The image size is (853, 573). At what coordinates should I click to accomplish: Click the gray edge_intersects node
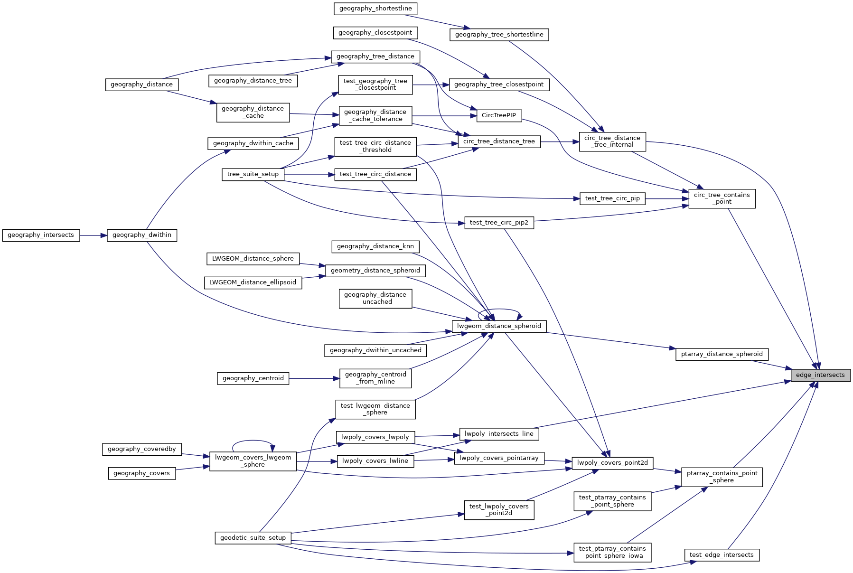tap(820, 375)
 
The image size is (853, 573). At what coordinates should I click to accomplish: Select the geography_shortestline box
tap(375, 9)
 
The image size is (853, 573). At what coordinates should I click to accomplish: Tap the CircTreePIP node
tap(498, 115)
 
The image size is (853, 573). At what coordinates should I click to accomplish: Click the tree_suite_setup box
tap(253, 174)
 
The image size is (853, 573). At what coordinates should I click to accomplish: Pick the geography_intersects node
tap(41, 235)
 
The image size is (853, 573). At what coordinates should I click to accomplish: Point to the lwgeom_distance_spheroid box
tap(499, 326)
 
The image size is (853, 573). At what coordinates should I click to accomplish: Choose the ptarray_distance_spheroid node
tap(722, 354)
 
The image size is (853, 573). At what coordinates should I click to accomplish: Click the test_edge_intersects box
tap(722, 555)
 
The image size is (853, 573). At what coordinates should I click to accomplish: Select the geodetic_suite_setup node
tap(253, 538)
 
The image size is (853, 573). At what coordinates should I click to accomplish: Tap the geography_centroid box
tap(253, 378)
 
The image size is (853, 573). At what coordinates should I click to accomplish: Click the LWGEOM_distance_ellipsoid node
tap(253, 282)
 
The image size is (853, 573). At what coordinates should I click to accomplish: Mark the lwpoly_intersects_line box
tap(499, 434)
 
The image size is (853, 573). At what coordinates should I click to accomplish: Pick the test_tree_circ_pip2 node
tap(499, 223)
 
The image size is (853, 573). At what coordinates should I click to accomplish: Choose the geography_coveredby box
tap(142, 449)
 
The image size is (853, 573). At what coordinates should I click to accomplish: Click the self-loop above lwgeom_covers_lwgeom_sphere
tap(253, 441)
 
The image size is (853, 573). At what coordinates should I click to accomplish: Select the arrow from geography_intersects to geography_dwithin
tap(93, 235)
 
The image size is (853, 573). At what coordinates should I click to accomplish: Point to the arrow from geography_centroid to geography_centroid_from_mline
tap(314, 378)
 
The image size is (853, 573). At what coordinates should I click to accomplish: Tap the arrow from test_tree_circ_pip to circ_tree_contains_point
tap(667, 199)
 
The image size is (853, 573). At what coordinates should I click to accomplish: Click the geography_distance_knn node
tap(375, 246)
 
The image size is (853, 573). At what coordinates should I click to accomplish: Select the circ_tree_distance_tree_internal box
tap(612, 141)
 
